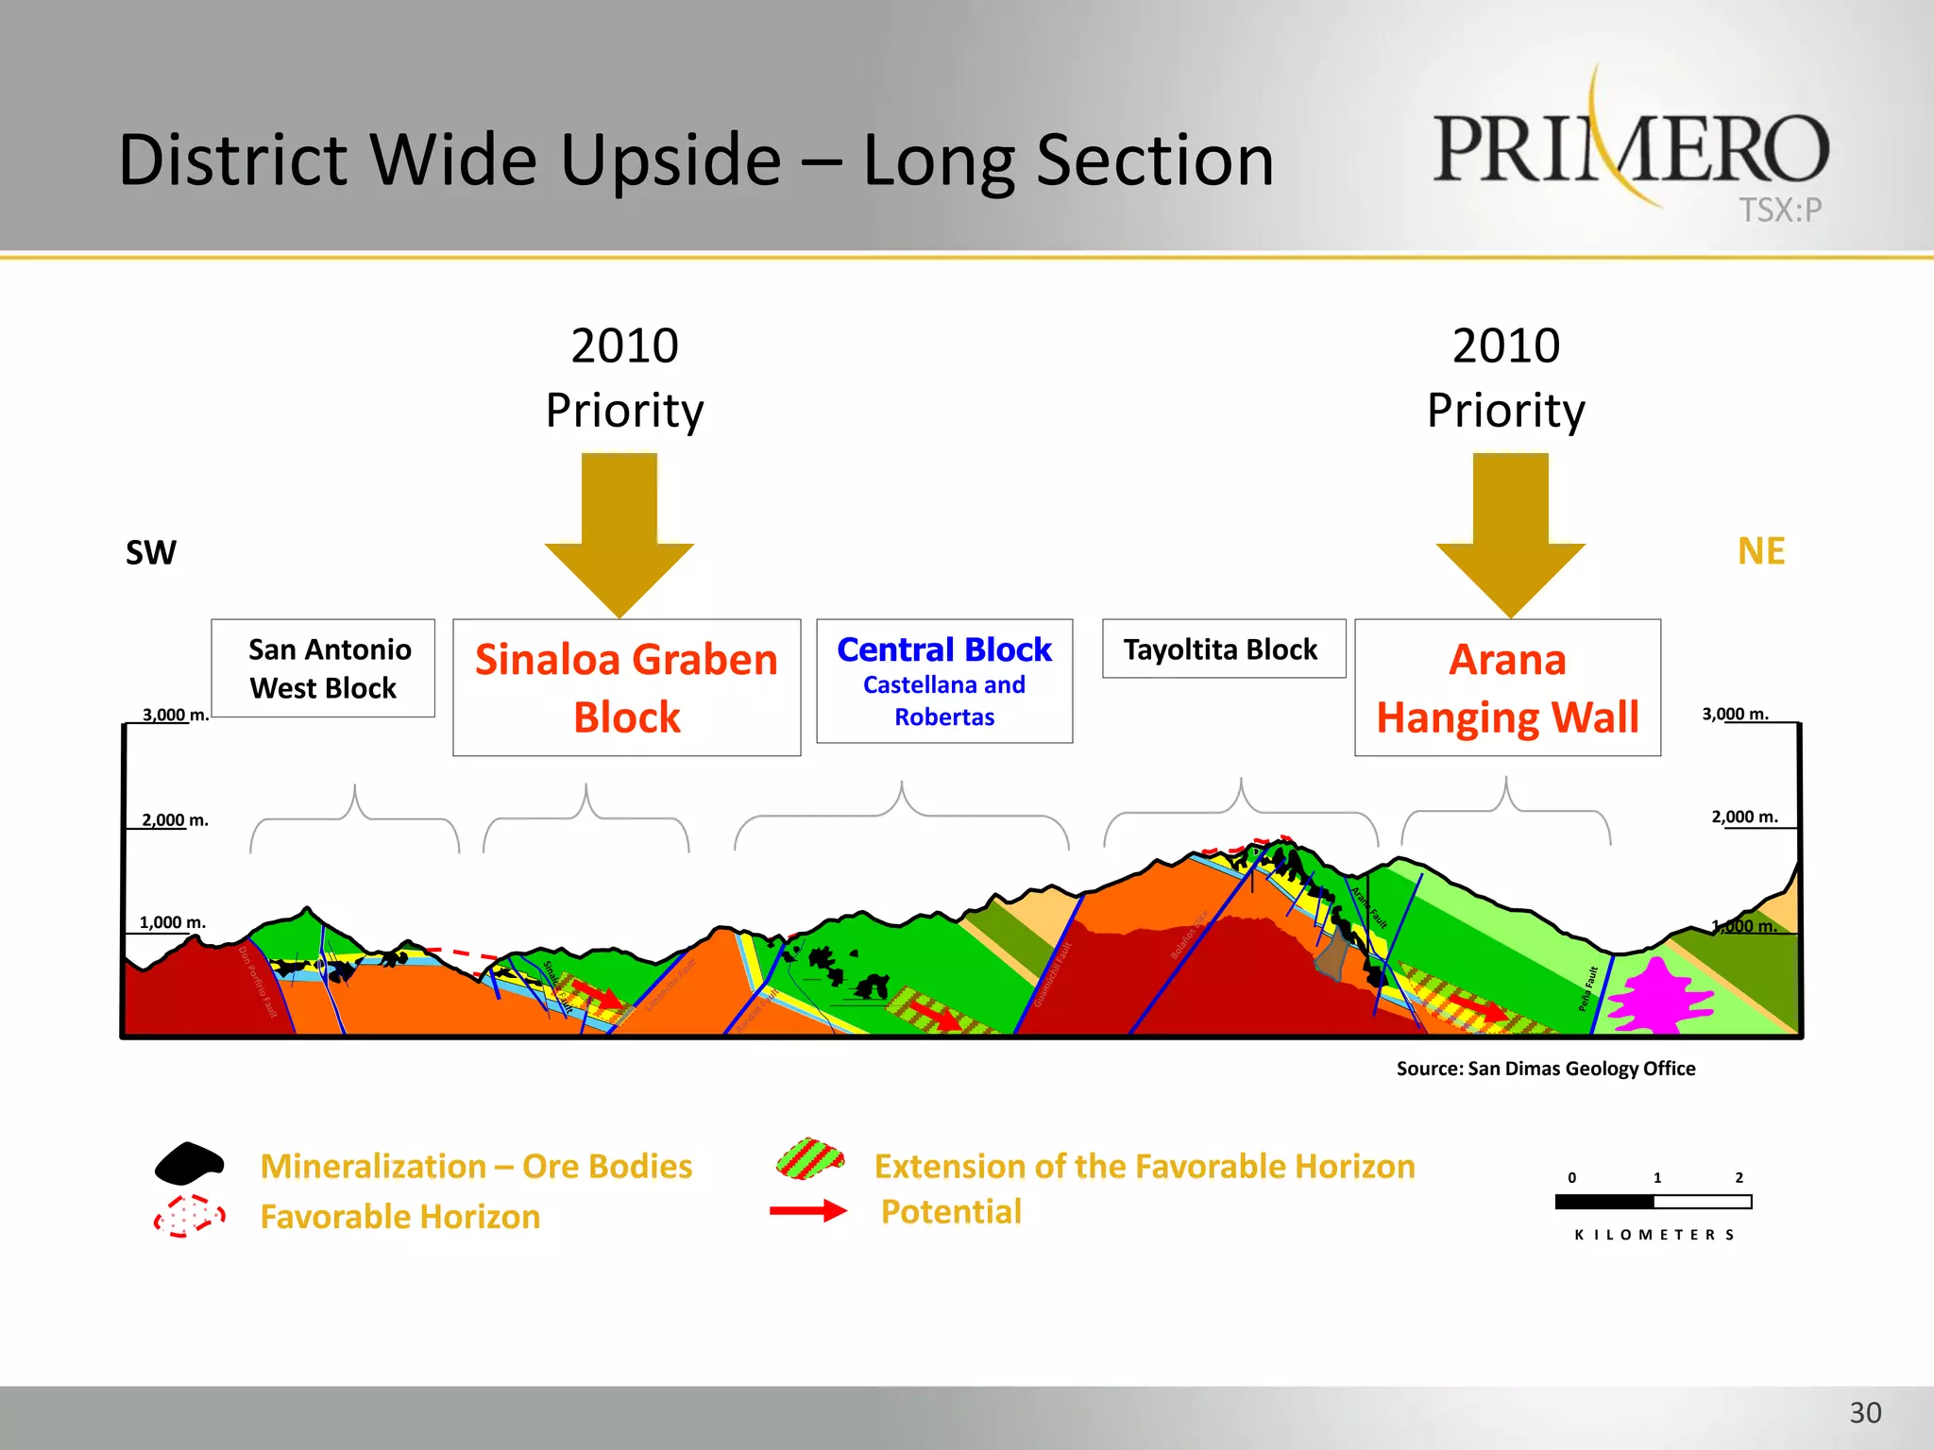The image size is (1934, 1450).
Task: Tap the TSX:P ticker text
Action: pyautogui.click(x=1780, y=210)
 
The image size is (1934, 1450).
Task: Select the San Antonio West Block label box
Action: pyautogui.click(x=323, y=668)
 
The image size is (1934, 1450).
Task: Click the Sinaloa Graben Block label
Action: pyautogui.click(x=626, y=687)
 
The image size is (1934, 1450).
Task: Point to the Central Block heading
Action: pyautogui.click(x=943, y=650)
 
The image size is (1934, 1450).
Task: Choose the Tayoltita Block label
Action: pyautogui.click(x=1222, y=649)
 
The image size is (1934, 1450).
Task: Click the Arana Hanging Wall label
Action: pyautogui.click(x=1507, y=687)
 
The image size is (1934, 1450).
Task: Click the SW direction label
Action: pyautogui.click(x=151, y=553)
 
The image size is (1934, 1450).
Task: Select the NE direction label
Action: pyautogui.click(x=1760, y=551)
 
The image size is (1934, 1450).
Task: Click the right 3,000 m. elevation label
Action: pyautogui.click(x=1735, y=715)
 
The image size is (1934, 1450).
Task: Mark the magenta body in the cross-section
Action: pyautogui.click(x=1658, y=996)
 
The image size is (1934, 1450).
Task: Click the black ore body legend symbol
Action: pyautogui.click(x=189, y=1164)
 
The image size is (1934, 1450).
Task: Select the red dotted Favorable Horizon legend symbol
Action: pyautogui.click(x=190, y=1216)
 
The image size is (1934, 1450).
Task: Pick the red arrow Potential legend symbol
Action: pyautogui.click(x=807, y=1211)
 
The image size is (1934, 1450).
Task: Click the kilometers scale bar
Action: pyautogui.click(x=1653, y=1202)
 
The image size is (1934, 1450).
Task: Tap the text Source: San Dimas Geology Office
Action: pyautogui.click(x=1545, y=1069)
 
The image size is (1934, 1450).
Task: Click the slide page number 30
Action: pyautogui.click(x=1864, y=1413)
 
